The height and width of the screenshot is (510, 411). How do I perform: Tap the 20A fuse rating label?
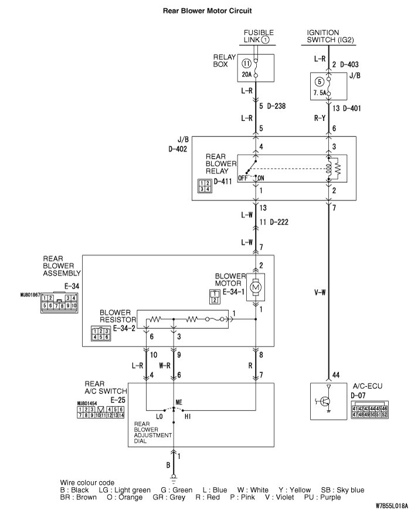pyautogui.click(x=246, y=74)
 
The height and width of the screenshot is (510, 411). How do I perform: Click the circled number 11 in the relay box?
pyautogui.click(x=246, y=62)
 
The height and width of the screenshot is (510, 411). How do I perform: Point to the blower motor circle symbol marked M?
pyautogui.click(x=256, y=287)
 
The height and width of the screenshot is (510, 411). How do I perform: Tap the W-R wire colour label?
pyautogui.click(x=164, y=365)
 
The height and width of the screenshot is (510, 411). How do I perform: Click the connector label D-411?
pyautogui.click(x=223, y=182)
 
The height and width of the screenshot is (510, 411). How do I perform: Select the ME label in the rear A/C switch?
pyautogui.click(x=179, y=403)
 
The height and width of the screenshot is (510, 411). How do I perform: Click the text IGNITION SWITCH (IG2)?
pyautogui.click(x=330, y=36)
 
